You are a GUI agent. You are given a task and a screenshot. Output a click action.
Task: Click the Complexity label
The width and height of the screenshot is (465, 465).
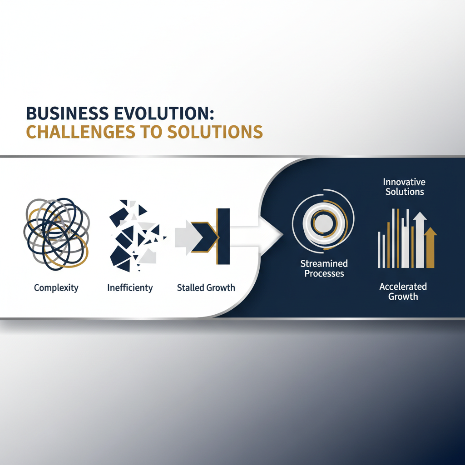coord(56,288)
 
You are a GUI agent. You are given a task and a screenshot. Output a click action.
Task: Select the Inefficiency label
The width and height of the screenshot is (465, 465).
coord(130,288)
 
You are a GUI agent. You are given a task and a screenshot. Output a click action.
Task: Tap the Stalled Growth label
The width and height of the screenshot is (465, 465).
coord(206,288)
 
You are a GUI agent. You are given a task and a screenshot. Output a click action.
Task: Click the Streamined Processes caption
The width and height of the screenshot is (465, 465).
coord(324,268)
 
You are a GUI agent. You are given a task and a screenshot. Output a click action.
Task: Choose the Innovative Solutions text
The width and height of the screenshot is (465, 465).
coord(405,187)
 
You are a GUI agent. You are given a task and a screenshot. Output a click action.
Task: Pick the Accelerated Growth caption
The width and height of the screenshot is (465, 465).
coord(403,291)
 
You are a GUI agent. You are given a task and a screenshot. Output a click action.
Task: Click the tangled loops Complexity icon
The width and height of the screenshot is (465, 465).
coord(56,232)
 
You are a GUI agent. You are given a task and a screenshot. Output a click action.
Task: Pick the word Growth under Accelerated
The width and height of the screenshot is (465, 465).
coord(403,297)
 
